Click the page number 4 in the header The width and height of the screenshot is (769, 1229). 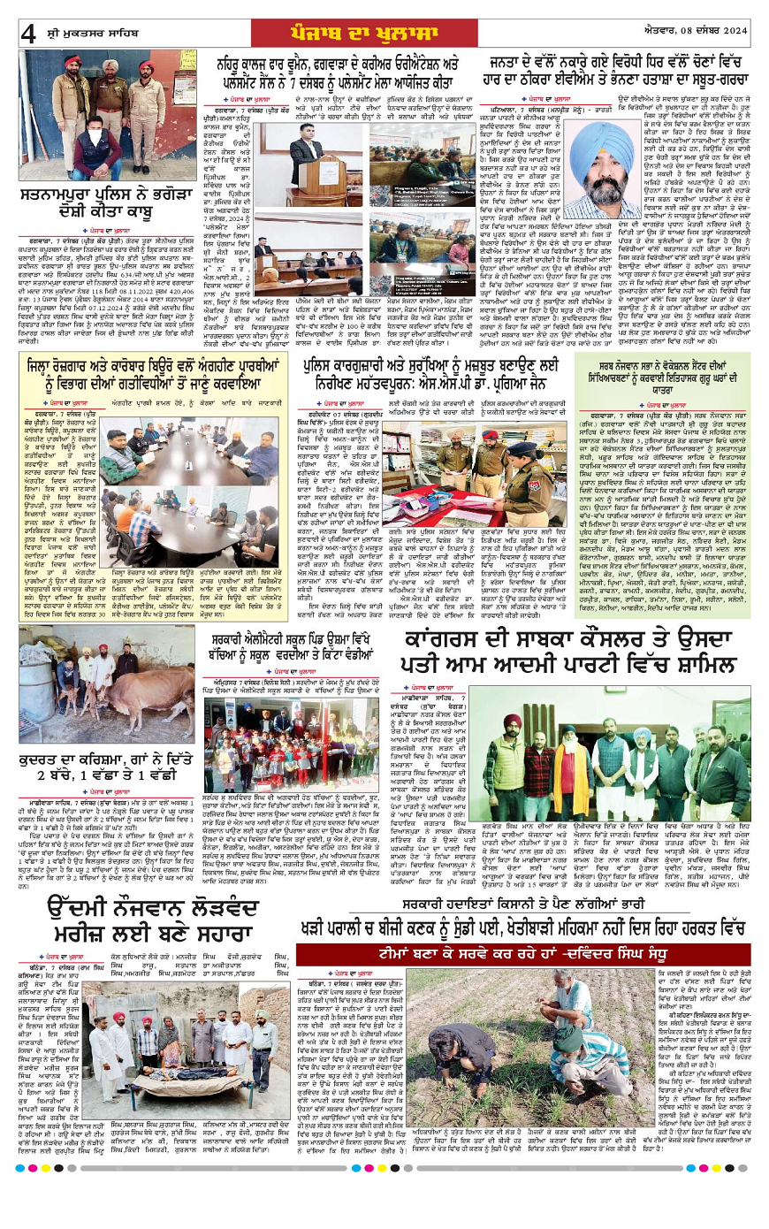pyautogui.click(x=28, y=33)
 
